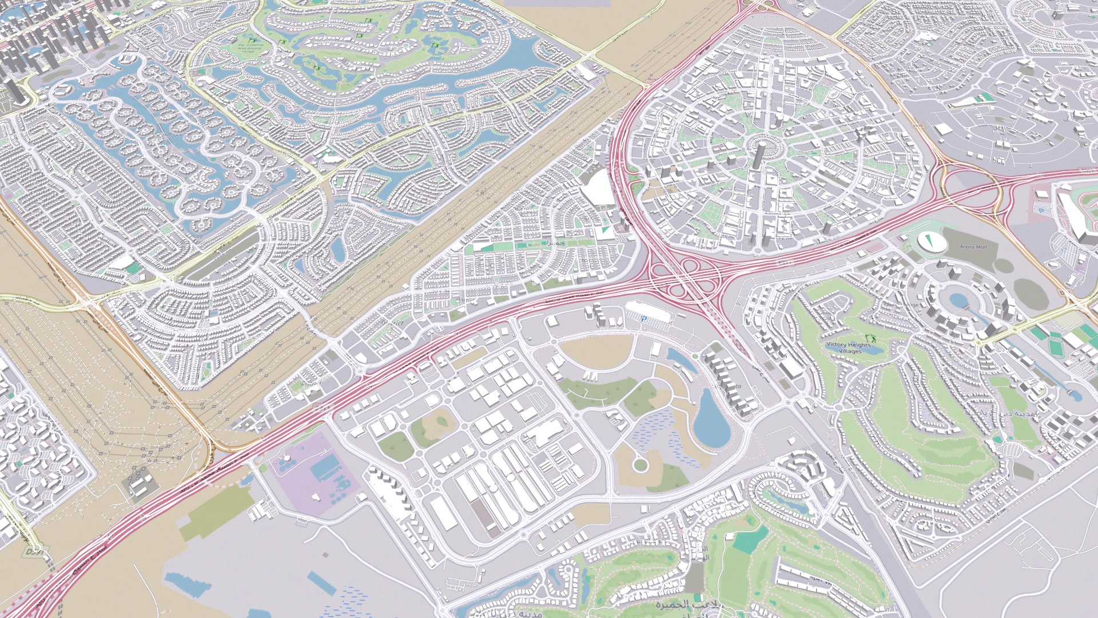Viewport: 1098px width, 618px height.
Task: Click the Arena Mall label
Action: [x=973, y=247]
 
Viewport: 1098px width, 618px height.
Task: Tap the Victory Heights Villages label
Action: [x=849, y=347]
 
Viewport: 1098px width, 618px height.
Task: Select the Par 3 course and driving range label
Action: [x=249, y=46]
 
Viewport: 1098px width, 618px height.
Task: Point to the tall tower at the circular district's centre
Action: [x=758, y=156]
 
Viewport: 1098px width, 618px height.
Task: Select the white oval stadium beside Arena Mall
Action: [x=933, y=241]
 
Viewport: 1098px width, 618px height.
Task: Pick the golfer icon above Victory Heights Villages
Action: [x=870, y=338]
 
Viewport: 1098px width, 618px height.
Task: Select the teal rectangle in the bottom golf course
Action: [x=749, y=539]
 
